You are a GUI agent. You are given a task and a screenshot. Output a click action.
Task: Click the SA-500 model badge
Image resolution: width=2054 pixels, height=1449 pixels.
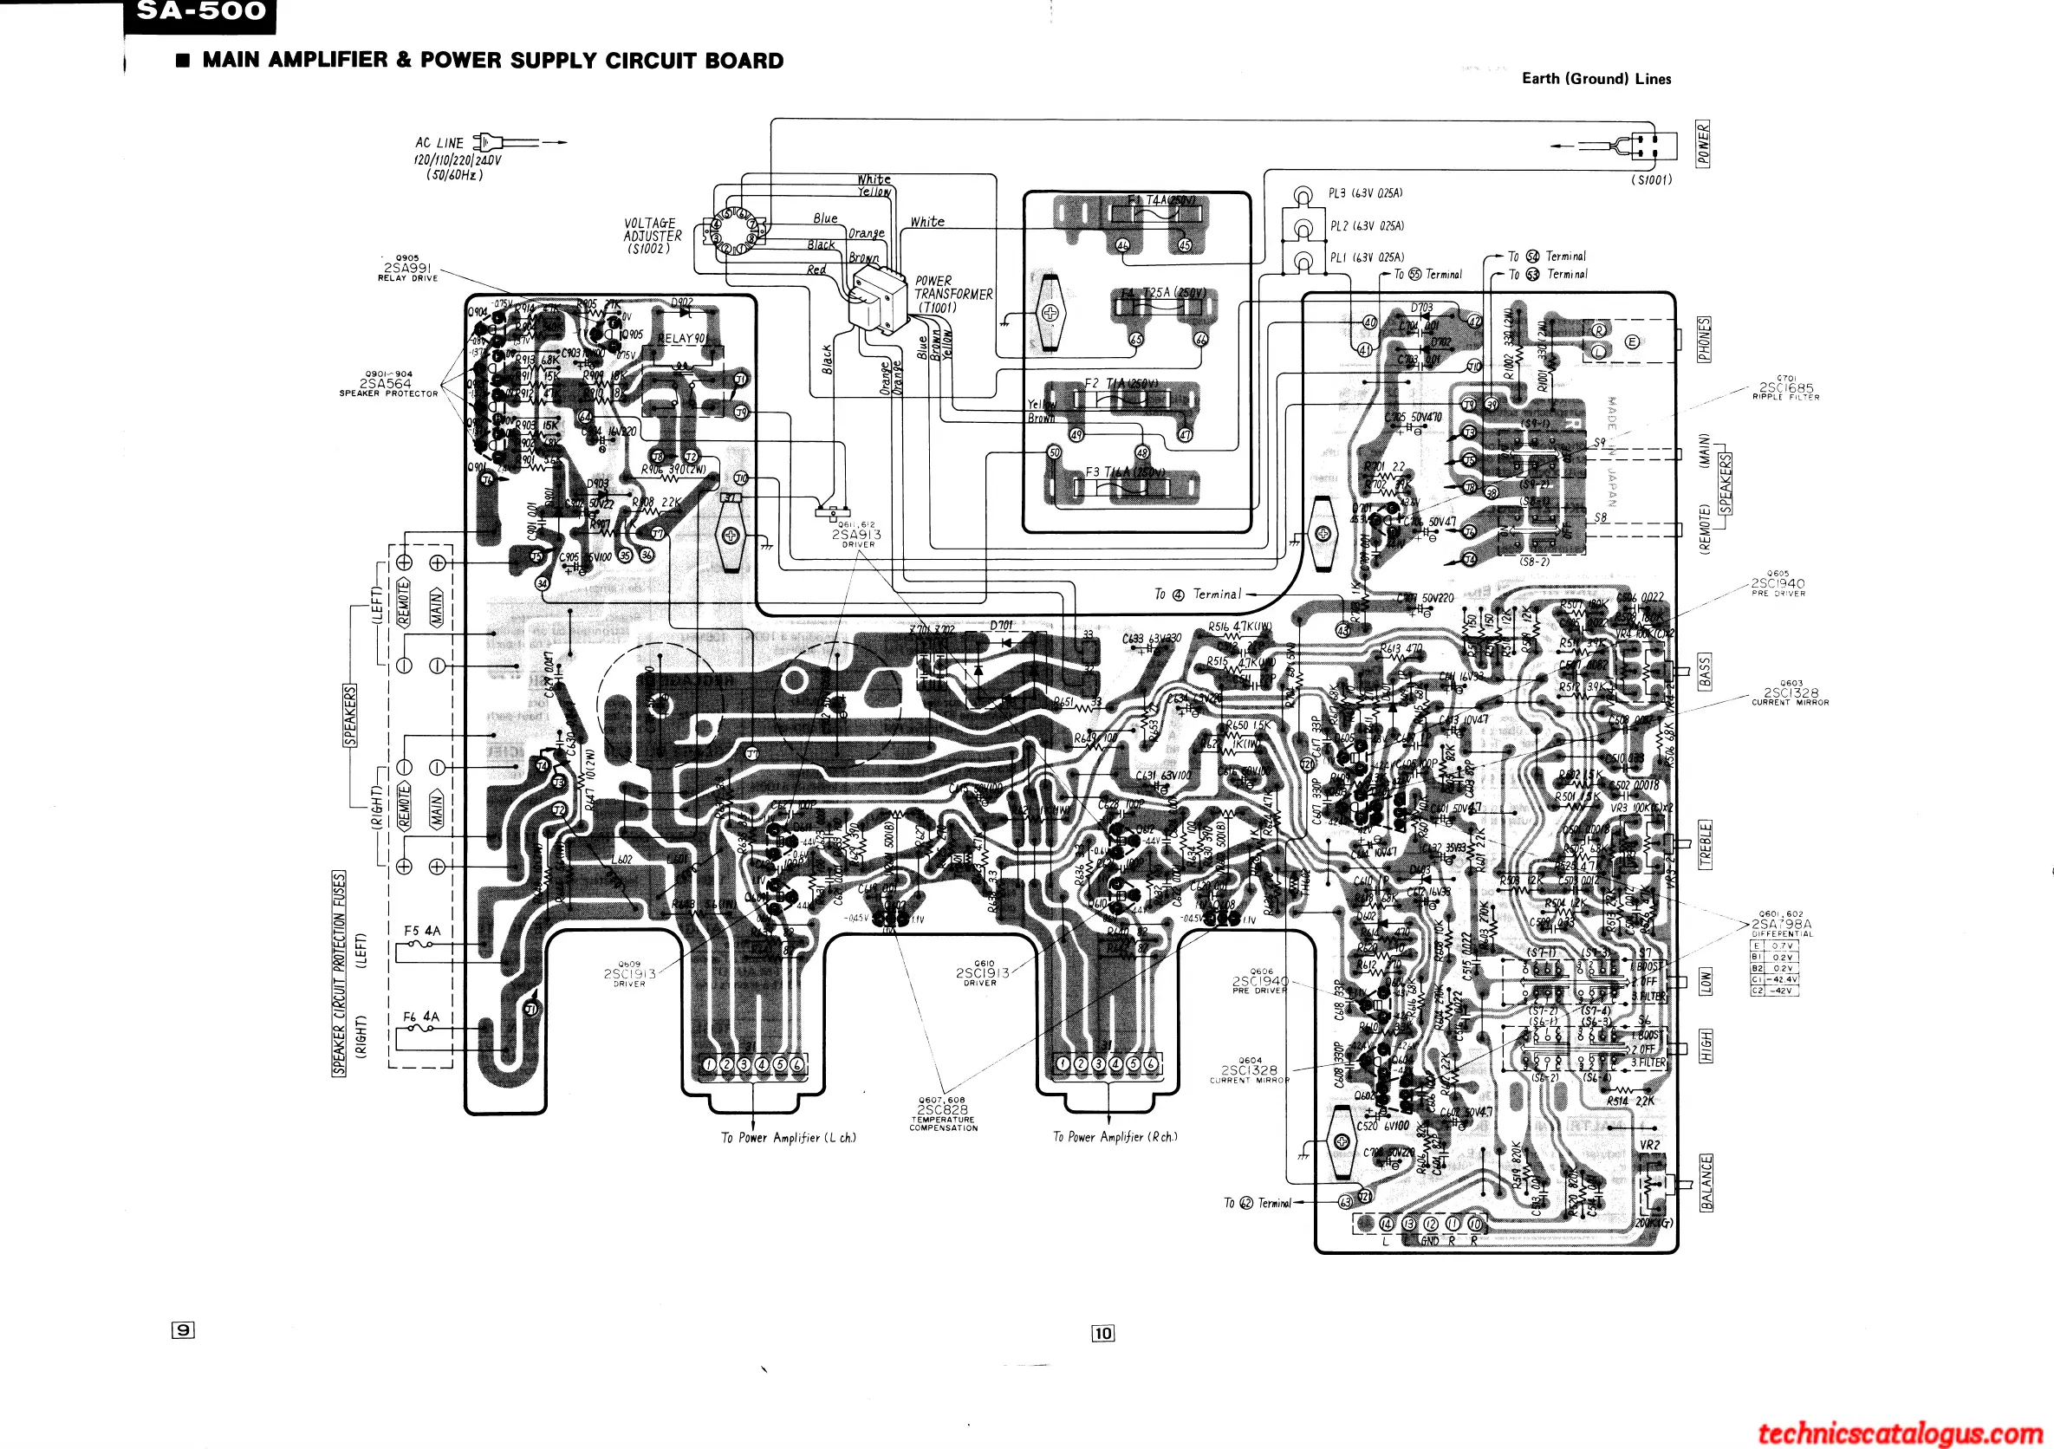200,12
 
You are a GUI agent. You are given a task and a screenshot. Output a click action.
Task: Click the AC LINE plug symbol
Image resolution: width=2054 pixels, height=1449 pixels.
487,141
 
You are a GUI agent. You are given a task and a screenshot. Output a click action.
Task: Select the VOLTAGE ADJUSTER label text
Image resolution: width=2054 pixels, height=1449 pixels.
652,235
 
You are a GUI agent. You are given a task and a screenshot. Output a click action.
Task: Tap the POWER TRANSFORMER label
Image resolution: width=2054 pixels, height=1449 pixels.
952,294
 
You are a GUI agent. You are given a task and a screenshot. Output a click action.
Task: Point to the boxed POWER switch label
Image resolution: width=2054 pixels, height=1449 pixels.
1703,144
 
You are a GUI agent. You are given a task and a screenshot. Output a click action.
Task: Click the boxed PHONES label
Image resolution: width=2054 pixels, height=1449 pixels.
1704,339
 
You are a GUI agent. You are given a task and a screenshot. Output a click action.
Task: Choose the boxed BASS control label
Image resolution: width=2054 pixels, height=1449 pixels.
1704,671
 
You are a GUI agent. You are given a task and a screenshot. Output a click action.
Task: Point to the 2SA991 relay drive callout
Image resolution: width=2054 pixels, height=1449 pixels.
407,268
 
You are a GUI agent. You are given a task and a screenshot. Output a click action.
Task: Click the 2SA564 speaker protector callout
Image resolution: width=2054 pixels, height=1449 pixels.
387,383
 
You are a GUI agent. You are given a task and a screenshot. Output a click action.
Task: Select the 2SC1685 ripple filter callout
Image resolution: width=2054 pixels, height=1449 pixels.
1785,388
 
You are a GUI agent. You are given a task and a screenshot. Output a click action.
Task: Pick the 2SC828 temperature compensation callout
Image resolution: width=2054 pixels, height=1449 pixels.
943,1113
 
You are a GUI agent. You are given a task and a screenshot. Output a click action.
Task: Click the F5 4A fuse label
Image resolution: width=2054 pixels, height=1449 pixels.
421,931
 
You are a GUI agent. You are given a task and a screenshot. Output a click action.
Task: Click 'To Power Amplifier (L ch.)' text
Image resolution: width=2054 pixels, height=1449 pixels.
788,1138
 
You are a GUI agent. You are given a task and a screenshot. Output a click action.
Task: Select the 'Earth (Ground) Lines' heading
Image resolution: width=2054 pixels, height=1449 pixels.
1596,79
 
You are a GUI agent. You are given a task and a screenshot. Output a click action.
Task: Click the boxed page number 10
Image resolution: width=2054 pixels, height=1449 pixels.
1103,1334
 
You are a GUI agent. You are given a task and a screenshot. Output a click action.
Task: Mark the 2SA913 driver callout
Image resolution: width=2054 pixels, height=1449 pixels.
856,534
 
